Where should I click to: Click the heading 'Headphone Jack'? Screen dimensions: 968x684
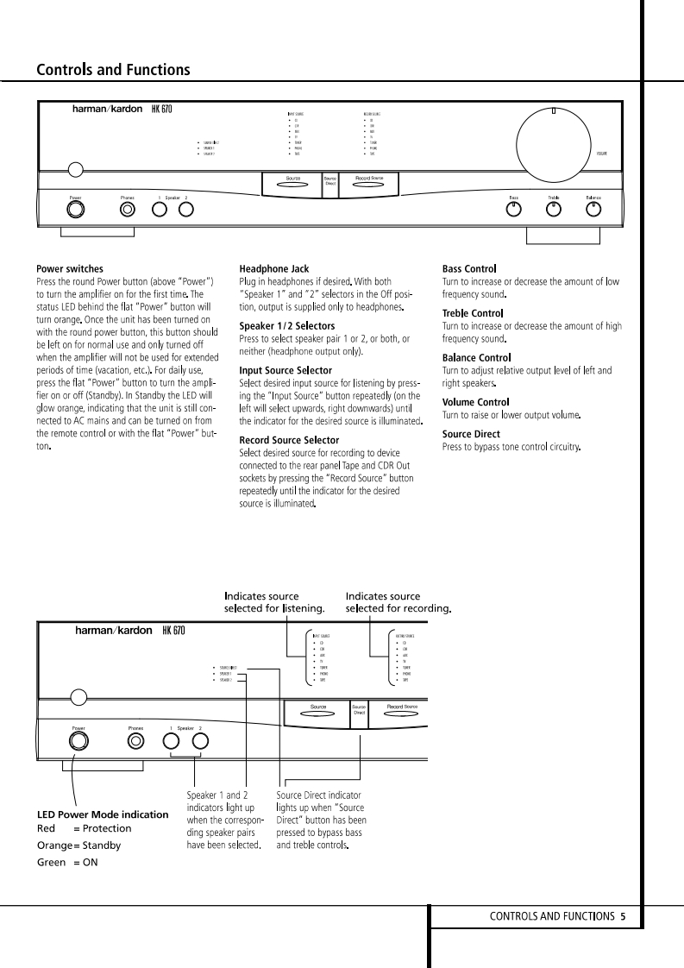pos(273,269)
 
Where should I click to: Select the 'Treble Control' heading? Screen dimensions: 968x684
pos(472,313)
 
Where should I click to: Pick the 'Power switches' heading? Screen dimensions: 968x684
pos(70,269)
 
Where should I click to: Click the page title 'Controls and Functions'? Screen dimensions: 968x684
pos(113,70)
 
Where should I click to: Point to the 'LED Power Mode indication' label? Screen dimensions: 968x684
pos(103,814)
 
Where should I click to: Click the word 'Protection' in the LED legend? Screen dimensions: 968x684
pos(107,828)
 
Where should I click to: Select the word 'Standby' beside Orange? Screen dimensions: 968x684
pos(101,845)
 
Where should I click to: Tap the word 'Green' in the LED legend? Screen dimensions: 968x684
pos(51,862)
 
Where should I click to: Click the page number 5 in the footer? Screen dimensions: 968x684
pos(622,916)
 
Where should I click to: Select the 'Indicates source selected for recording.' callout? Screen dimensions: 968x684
pos(398,602)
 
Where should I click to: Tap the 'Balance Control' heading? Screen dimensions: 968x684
pos(476,357)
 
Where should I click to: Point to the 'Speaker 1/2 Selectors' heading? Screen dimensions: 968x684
pos(286,326)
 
